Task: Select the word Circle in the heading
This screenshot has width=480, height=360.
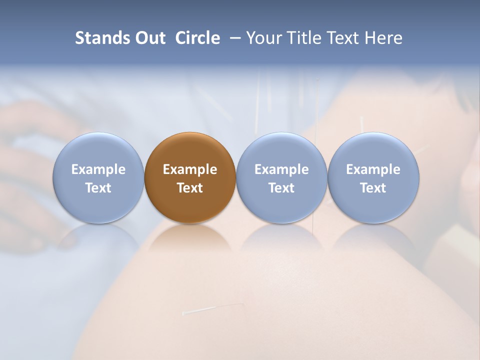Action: (197, 38)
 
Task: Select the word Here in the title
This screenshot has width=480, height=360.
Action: (383, 38)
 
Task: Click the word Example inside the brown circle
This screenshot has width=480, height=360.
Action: (190, 169)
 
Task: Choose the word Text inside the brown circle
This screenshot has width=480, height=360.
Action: (190, 188)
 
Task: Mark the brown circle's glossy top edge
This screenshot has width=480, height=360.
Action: (190, 138)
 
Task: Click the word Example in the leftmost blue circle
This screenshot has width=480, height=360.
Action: (98, 169)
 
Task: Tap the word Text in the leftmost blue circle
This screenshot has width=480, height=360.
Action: (98, 188)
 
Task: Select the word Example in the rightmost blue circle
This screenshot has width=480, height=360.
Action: (373, 169)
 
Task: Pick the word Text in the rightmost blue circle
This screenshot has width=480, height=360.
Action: (373, 188)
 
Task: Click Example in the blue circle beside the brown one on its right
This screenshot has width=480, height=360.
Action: (281, 169)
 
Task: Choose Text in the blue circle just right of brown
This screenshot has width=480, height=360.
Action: (281, 188)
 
